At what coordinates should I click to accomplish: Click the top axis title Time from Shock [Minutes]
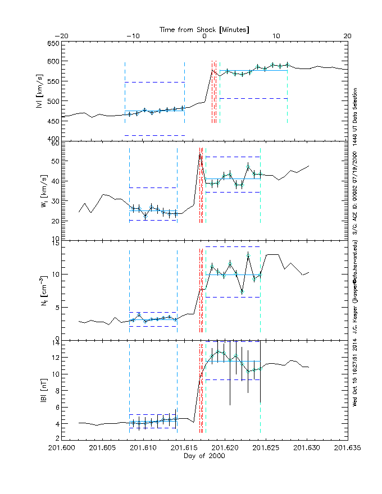(x=204, y=29)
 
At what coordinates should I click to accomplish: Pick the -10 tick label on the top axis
(x=133, y=36)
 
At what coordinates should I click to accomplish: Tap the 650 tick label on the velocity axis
(x=52, y=44)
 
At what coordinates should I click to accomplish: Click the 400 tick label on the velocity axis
(x=52, y=139)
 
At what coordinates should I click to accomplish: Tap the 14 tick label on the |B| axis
(x=55, y=341)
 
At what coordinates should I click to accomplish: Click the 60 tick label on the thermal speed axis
(x=55, y=144)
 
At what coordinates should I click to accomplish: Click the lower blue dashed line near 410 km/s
(x=154, y=135)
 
